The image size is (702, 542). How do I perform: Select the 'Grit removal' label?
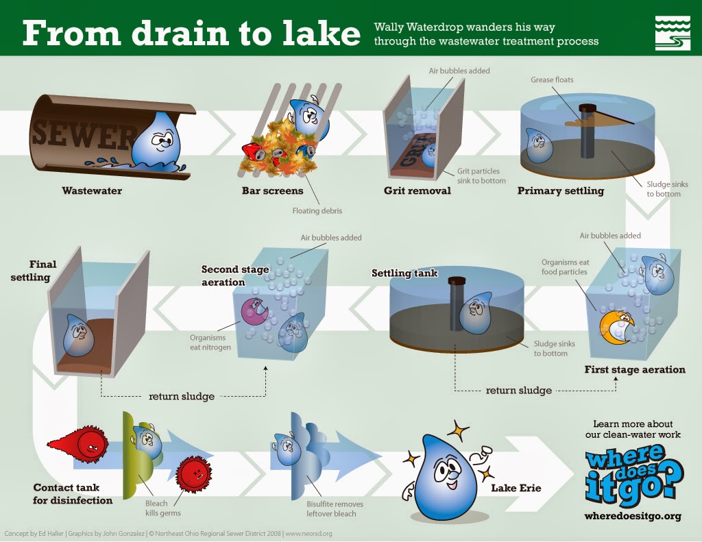click(417, 190)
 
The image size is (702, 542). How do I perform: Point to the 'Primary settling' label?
click(560, 190)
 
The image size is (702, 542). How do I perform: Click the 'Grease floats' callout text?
click(552, 80)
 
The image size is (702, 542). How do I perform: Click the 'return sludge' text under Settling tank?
click(518, 391)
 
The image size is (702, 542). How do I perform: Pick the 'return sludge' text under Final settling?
click(181, 396)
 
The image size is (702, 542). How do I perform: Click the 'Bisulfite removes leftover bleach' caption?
click(335, 509)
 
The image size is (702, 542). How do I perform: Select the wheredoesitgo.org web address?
click(633, 516)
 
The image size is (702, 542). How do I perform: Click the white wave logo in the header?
click(672, 32)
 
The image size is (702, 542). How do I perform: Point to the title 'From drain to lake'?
click(191, 34)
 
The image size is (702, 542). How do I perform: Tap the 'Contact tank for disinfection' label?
click(73, 494)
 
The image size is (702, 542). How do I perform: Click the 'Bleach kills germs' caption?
click(162, 508)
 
